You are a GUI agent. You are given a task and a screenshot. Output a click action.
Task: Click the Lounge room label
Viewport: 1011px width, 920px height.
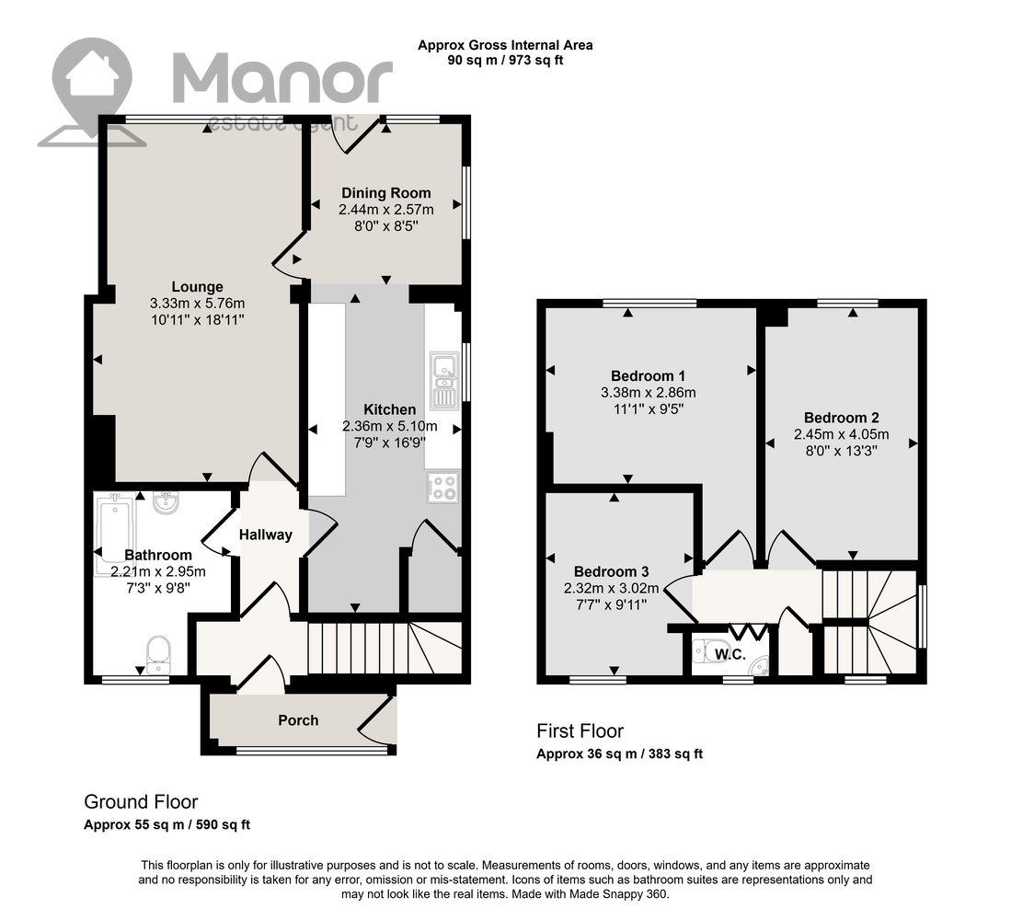[197, 287]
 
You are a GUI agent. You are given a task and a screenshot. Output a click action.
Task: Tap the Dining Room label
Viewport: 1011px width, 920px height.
[386, 193]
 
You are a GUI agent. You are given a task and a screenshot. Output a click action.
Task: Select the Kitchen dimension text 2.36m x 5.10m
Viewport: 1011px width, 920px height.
[389, 426]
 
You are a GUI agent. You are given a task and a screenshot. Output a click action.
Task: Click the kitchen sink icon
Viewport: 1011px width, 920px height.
[444, 381]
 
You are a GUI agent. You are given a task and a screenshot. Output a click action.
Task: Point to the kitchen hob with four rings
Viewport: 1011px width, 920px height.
[443, 488]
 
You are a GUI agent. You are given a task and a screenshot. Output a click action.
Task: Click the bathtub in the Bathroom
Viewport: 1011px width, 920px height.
[115, 535]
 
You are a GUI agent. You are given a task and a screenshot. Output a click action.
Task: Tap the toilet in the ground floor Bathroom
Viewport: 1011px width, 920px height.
[158, 655]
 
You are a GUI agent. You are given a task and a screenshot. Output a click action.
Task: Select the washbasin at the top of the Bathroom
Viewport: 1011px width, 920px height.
[167, 501]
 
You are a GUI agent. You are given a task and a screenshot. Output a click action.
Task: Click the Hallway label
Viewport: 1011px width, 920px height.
[266, 535]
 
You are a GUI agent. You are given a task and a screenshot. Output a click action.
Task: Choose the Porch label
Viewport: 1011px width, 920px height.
[298, 720]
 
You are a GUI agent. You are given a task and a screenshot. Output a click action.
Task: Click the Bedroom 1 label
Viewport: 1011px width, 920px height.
[648, 376]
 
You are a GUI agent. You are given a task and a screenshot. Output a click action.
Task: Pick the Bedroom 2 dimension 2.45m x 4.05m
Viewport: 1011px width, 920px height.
[842, 434]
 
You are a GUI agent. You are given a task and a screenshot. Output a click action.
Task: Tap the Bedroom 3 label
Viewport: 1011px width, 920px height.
[611, 572]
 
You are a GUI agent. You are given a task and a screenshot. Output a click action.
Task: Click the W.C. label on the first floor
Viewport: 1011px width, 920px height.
[730, 654]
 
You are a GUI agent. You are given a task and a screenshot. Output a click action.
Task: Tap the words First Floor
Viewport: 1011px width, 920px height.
[580, 731]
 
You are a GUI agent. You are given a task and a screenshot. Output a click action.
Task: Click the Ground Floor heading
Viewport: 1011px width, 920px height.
[141, 802]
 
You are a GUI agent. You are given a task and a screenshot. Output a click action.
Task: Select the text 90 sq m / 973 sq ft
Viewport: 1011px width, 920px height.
[506, 61]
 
